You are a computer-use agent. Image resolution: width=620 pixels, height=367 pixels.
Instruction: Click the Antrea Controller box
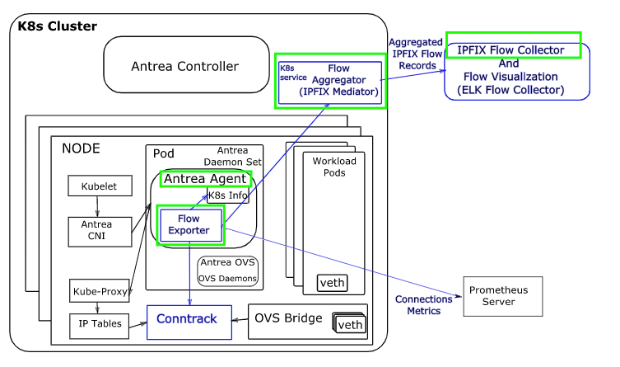coord(184,66)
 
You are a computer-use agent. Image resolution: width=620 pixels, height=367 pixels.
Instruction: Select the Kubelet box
coord(99,186)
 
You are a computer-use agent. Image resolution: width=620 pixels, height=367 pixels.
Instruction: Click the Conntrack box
coord(188,320)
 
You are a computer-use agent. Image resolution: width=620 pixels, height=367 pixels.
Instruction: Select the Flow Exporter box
coord(191,224)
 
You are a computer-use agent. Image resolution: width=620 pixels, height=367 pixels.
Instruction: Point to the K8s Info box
coord(226,195)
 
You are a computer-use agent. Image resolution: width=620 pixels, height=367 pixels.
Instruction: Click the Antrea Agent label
coord(205,178)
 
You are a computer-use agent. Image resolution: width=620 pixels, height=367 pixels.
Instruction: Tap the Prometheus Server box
coord(497,296)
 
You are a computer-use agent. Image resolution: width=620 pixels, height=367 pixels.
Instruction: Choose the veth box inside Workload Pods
coord(332,284)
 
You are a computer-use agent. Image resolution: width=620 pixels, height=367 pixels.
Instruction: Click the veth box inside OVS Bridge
coord(350,324)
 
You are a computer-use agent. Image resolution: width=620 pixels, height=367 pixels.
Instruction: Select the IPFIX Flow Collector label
coord(512,50)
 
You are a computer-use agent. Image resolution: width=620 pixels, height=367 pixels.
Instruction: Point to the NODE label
coord(81,148)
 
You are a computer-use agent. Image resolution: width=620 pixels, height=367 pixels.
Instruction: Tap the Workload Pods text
coord(334,167)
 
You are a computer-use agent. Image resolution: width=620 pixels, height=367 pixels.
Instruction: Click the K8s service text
coord(289,73)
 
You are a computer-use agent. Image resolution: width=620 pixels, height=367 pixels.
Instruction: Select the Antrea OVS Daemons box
coord(227,271)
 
